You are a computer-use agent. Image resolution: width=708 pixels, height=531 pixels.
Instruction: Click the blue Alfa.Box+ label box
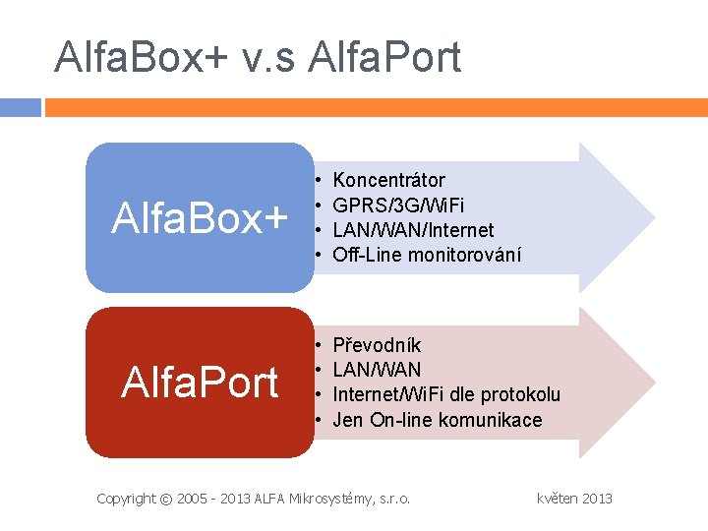tap(199, 217)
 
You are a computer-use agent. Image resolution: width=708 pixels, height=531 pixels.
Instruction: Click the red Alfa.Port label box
tap(199, 383)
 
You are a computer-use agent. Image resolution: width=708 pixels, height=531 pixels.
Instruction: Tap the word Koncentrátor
tap(388, 180)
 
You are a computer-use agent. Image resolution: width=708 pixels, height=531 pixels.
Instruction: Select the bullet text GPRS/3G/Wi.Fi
tap(399, 206)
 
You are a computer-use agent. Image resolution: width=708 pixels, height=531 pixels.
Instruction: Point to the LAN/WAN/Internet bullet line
tap(413, 230)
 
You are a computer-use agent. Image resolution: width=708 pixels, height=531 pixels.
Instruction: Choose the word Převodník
tap(377, 345)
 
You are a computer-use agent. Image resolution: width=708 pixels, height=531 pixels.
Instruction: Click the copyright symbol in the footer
tap(166, 499)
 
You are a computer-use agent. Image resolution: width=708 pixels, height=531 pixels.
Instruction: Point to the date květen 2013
tap(574, 499)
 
